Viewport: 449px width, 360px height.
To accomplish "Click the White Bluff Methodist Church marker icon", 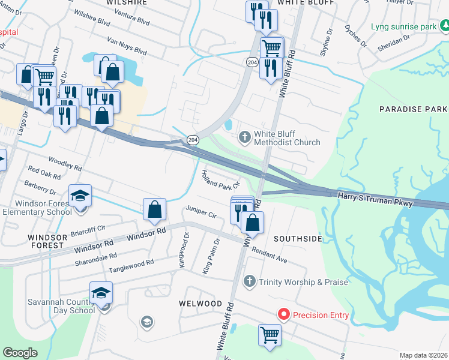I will [x=244, y=137].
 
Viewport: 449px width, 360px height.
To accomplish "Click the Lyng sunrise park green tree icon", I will [x=445, y=26].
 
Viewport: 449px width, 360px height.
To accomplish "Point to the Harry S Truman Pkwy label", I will [x=375, y=200].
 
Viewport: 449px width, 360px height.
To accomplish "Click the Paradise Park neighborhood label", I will [x=413, y=109].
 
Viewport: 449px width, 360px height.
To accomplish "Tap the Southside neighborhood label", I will [x=298, y=239].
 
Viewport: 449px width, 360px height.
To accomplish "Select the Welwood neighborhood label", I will [x=201, y=304].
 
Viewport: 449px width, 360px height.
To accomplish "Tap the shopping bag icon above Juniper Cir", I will [x=155, y=210].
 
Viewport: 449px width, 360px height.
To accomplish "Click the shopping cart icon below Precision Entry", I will [x=270, y=335].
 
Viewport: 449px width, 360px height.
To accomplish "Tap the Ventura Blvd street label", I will [x=135, y=21].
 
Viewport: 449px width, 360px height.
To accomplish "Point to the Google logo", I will [x=20, y=353].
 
